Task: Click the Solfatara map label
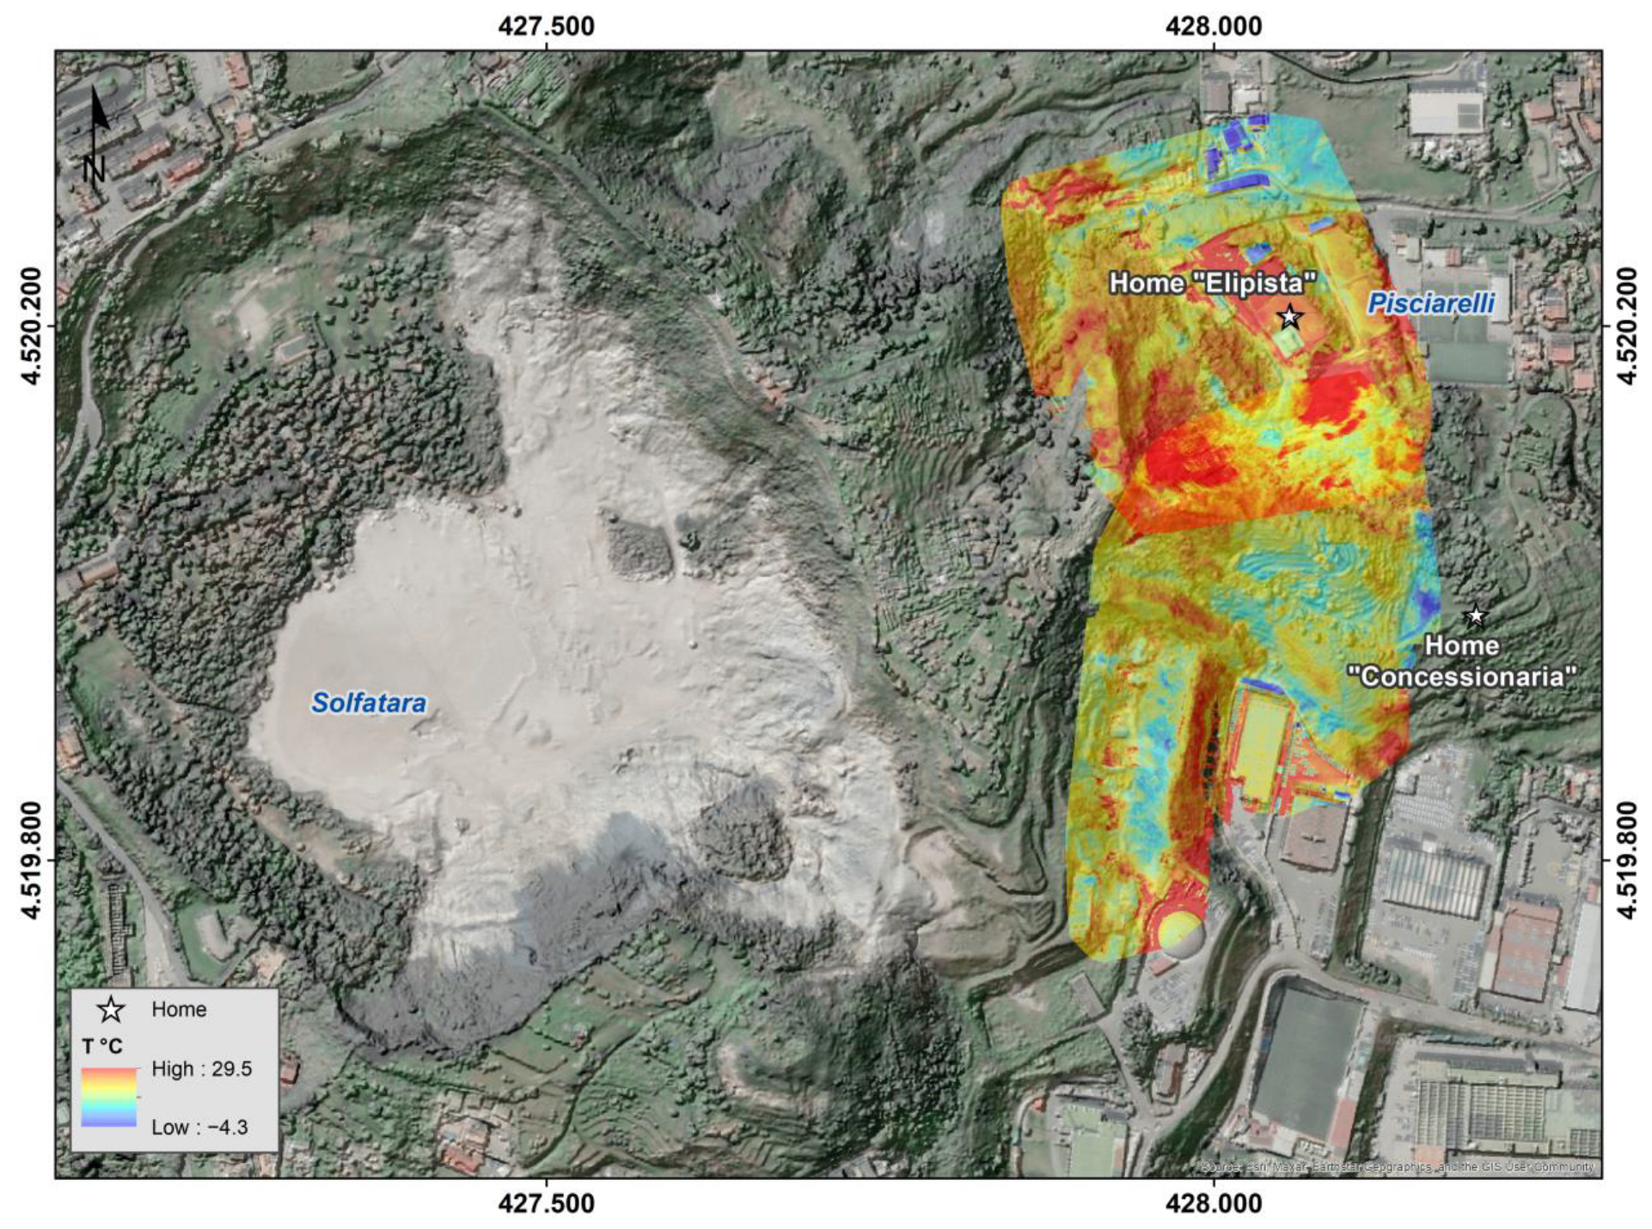(x=369, y=703)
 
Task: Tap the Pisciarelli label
(x=1431, y=303)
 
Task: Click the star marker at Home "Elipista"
(x=1289, y=317)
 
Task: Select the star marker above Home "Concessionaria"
(x=1476, y=615)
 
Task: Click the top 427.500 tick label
(x=546, y=27)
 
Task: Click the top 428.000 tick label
(x=1214, y=27)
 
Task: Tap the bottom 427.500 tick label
(x=546, y=1203)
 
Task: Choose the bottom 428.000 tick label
(x=1214, y=1203)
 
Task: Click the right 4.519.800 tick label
(x=1626, y=860)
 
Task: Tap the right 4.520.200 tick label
(x=1626, y=327)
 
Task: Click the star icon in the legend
(x=111, y=1010)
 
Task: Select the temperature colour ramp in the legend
(x=109, y=1098)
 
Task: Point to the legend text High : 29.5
(x=201, y=1069)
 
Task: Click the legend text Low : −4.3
(x=199, y=1128)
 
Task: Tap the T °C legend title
(x=102, y=1046)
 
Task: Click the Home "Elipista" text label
(x=1213, y=283)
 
